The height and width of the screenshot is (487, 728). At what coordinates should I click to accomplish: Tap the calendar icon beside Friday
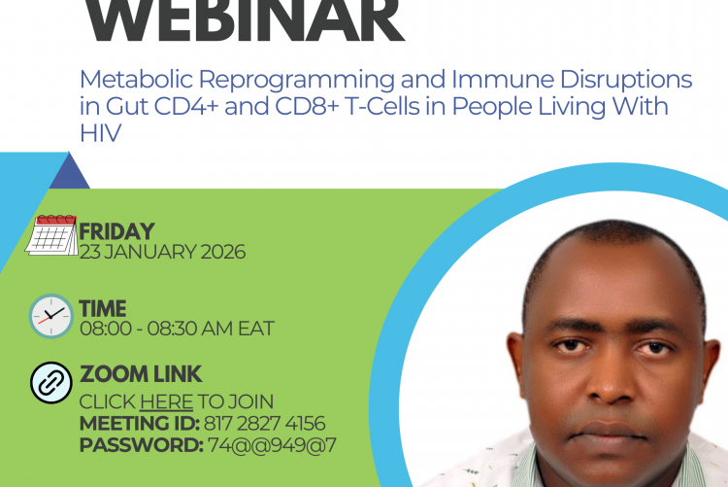pyautogui.click(x=51, y=234)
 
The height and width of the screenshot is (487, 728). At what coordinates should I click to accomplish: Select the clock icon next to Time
pyautogui.click(x=50, y=316)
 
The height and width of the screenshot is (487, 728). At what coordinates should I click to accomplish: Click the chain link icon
pyautogui.click(x=50, y=381)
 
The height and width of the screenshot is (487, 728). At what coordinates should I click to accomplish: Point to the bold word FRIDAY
pyautogui.click(x=116, y=231)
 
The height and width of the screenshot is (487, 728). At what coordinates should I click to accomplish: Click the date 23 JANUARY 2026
pyautogui.click(x=162, y=252)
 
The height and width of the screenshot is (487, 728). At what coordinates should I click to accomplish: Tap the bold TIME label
pyautogui.click(x=103, y=309)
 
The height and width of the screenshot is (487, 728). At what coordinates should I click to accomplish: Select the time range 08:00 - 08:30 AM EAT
pyautogui.click(x=176, y=329)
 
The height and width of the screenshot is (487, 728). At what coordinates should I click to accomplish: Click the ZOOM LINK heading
pyautogui.click(x=141, y=374)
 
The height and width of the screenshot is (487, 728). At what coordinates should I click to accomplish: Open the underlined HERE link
pyautogui.click(x=166, y=401)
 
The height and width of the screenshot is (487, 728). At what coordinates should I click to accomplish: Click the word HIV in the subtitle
pyautogui.click(x=100, y=134)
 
